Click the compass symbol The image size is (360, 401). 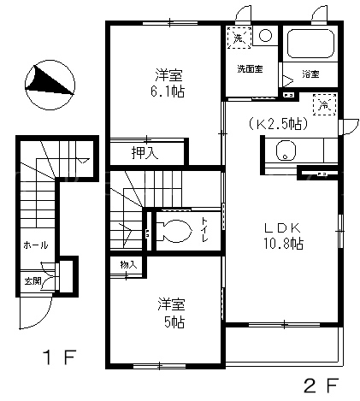[50, 85]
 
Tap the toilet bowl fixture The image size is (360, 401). [174, 231]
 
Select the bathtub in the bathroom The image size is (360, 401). [310, 44]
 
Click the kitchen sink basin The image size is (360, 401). [286, 150]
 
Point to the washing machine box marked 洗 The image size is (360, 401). [239, 38]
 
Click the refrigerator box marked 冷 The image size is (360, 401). [324, 104]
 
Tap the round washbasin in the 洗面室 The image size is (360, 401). [265, 36]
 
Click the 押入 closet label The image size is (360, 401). [145, 153]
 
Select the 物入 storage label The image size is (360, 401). [128, 265]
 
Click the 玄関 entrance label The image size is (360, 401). [32, 281]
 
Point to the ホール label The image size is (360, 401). [35, 245]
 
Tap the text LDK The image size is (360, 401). [282, 228]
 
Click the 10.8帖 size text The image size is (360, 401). [283, 244]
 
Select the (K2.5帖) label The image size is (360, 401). [278, 124]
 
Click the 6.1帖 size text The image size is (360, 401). [168, 91]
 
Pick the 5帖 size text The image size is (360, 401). [174, 322]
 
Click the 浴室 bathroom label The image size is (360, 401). [310, 74]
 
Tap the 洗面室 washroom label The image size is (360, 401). [250, 69]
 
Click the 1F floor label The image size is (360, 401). [60, 357]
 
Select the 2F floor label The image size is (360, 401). [322, 386]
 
